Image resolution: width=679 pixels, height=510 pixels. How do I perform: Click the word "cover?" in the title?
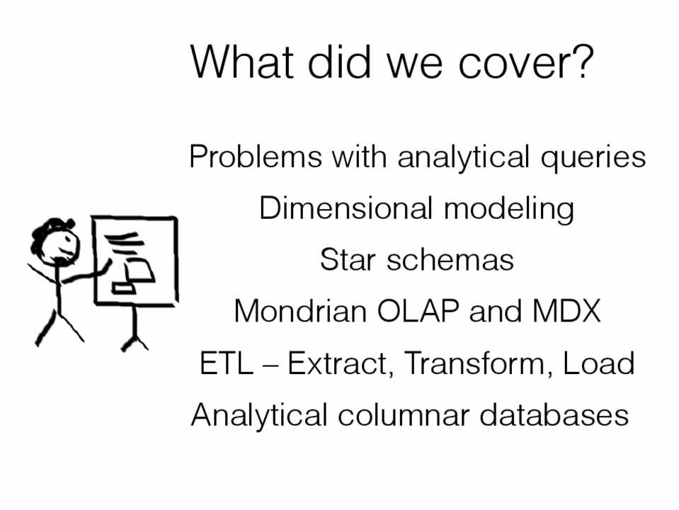pyautogui.click(x=525, y=62)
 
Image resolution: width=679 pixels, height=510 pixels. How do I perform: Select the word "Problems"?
pyautogui.click(x=256, y=156)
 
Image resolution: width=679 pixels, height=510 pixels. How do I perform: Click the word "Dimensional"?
pyautogui.click(x=346, y=208)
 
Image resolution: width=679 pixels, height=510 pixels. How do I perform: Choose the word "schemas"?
pyautogui.click(x=450, y=260)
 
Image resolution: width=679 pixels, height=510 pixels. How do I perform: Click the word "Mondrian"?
pyautogui.click(x=300, y=311)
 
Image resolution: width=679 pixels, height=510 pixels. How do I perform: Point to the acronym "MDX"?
pyautogui.click(x=566, y=311)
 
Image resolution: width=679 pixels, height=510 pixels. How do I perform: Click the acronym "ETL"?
pyautogui.click(x=226, y=363)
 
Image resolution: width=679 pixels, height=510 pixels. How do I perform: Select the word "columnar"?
pyautogui.click(x=403, y=414)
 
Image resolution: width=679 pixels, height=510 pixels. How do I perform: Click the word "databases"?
pyautogui.click(x=554, y=414)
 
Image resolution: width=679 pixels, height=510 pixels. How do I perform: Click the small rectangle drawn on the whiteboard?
pyautogui.click(x=124, y=287)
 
